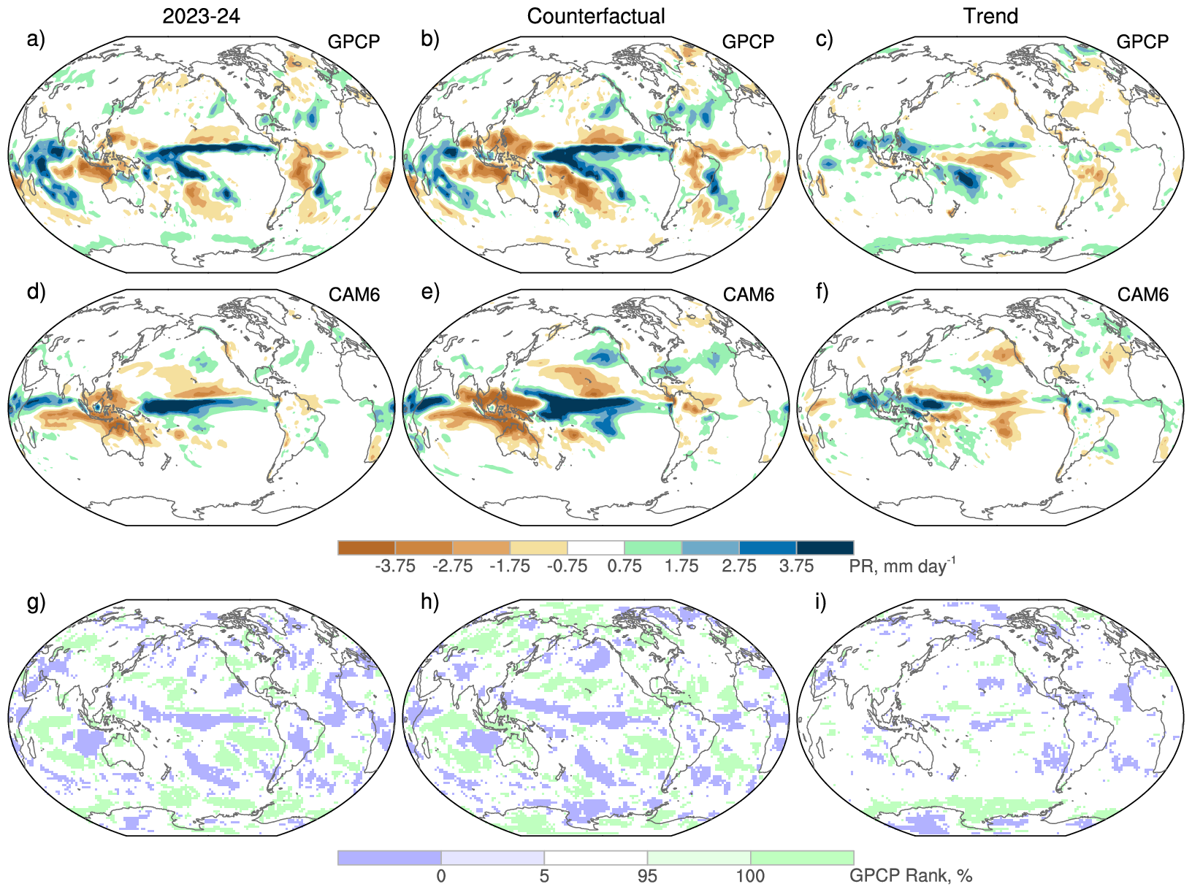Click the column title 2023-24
201,16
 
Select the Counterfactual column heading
596,16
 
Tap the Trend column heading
990,16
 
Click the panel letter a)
36,39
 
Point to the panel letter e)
430,292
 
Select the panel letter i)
821,602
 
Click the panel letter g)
36,602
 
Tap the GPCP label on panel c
1142,42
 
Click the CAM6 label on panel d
354,294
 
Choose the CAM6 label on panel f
1143,294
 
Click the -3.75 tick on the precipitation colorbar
395,566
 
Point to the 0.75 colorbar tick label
624,566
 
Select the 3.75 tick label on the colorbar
796,566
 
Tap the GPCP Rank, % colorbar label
910,875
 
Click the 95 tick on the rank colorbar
647,875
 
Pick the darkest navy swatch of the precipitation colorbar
825,547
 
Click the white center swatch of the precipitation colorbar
596,547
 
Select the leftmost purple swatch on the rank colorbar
389,858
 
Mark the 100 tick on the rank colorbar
750,875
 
